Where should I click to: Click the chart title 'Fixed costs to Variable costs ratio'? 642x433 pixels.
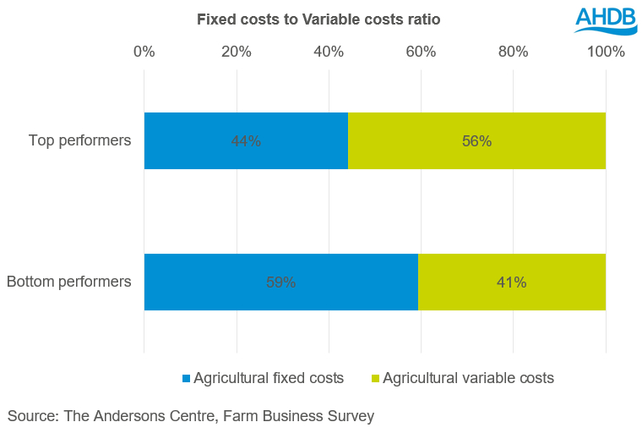click(318, 19)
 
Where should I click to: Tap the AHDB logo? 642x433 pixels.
click(605, 20)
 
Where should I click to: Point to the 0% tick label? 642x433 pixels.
click(144, 52)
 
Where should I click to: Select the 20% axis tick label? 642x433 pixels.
click(237, 52)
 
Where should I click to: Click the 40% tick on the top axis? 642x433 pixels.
click(329, 52)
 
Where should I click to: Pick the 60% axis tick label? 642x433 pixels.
click(421, 52)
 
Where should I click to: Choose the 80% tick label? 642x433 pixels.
click(513, 52)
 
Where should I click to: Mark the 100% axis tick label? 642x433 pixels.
click(605, 52)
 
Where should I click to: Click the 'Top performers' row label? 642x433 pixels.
click(79, 140)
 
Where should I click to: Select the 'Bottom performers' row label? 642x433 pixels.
click(69, 282)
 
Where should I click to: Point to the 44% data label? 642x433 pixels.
click(246, 141)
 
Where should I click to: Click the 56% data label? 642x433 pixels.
click(476, 141)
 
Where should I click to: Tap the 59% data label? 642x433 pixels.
click(280, 282)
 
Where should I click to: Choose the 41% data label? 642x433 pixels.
click(511, 282)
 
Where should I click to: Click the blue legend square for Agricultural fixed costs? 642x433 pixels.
click(186, 378)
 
